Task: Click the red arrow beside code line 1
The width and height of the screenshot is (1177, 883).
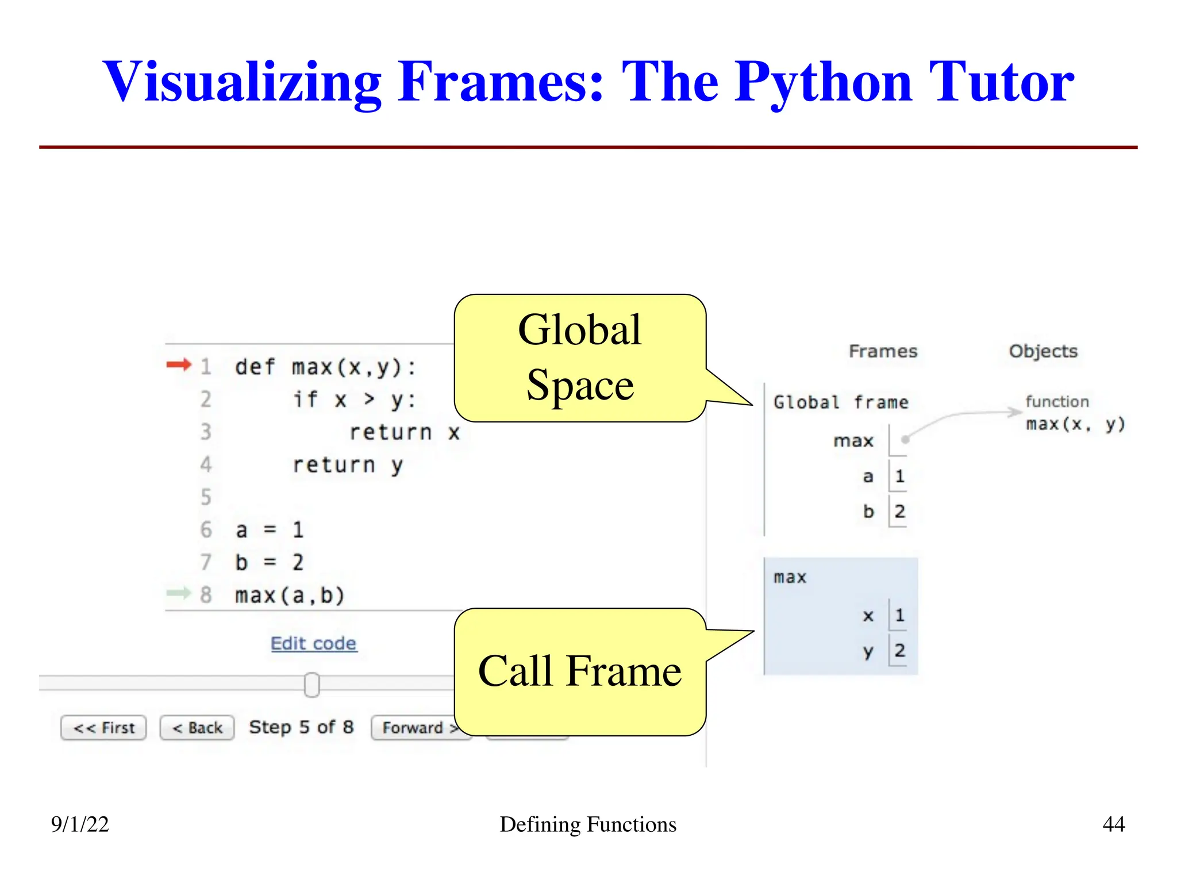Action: [178, 364]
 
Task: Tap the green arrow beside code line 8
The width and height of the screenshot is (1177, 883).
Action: [178, 593]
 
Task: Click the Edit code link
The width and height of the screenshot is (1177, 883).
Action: [313, 643]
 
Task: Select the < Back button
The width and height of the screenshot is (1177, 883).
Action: [197, 728]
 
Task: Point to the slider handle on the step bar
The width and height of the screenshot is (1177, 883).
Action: [311, 685]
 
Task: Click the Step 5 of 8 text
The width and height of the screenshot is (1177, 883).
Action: [301, 727]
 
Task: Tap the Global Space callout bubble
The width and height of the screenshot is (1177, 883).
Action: [580, 358]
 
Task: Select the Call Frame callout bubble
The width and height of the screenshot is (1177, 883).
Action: [580, 671]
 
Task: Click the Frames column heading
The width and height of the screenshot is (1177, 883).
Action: [883, 351]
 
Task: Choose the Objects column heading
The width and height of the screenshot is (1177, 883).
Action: [1043, 351]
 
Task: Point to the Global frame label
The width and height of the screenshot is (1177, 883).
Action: [841, 402]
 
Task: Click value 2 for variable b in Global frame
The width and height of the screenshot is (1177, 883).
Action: [899, 511]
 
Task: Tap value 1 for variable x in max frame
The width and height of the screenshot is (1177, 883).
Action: [899, 616]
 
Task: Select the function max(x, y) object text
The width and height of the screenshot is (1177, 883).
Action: [1075, 424]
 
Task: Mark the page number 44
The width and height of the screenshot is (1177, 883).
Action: [1113, 824]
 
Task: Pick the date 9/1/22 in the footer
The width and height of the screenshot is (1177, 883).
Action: [80, 824]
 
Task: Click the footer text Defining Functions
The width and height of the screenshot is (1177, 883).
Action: [588, 824]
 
